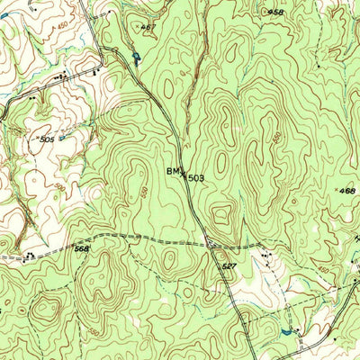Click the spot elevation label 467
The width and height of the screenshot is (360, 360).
point(148,28)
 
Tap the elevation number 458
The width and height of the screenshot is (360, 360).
point(276,12)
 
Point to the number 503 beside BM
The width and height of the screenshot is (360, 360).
point(197,178)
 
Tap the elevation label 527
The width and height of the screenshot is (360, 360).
point(228,267)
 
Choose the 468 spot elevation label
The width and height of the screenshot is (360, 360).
point(347,191)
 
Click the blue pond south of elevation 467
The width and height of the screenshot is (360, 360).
point(136,58)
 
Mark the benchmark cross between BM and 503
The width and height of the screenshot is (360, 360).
point(184,176)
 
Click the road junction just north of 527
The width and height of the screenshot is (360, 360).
point(208,243)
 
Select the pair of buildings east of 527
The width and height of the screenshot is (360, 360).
point(266,256)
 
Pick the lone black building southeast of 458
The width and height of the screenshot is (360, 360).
point(318,66)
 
